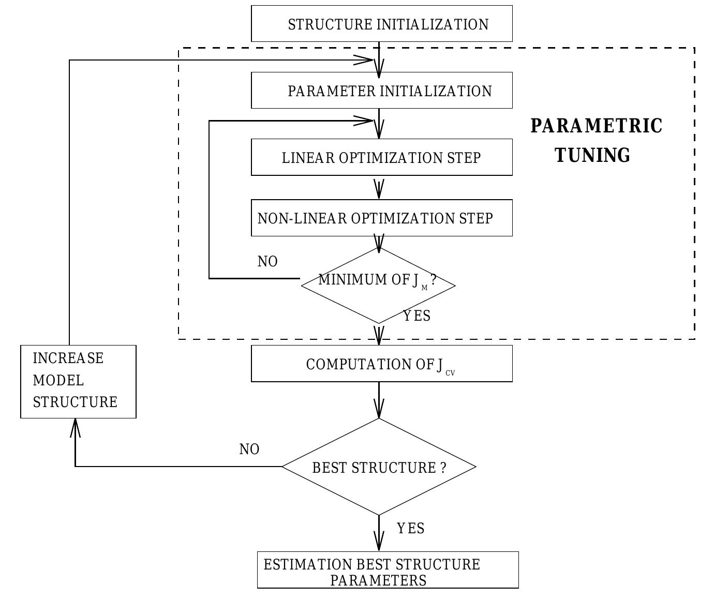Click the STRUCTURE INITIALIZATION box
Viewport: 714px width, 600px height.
click(x=381, y=24)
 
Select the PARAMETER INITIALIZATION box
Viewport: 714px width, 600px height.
click(x=381, y=91)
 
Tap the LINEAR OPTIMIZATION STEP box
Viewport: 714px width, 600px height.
click(x=381, y=157)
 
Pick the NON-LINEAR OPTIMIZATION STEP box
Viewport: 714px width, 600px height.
click(x=381, y=218)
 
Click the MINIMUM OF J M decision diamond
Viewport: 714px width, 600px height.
click(x=378, y=285)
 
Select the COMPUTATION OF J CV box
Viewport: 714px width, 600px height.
click(x=381, y=364)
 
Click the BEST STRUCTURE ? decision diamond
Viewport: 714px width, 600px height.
click(x=379, y=467)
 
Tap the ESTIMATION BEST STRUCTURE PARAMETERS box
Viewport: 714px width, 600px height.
click(x=388, y=570)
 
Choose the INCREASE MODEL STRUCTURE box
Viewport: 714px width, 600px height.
click(x=78, y=381)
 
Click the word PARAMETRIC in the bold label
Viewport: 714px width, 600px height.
click(x=596, y=126)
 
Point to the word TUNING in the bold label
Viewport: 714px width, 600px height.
click(x=592, y=155)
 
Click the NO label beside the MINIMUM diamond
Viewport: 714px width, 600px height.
click(x=267, y=262)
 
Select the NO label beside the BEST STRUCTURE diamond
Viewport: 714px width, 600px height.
click(x=249, y=449)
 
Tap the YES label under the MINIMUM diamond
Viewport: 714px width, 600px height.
click(x=416, y=316)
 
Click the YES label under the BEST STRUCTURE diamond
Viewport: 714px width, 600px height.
click(x=410, y=529)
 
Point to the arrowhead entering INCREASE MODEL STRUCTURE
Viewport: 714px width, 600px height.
click(x=76, y=427)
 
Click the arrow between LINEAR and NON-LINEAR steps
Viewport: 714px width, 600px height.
click(x=379, y=187)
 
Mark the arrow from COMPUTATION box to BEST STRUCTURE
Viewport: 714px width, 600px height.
click(x=379, y=400)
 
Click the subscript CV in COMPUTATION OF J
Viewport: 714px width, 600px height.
click(x=450, y=372)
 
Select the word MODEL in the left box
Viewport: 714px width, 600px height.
click(x=58, y=381)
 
